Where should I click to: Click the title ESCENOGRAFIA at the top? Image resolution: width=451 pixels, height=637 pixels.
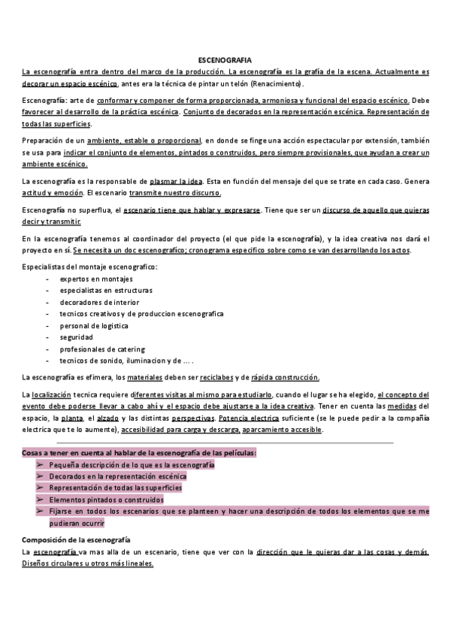pos(225,58)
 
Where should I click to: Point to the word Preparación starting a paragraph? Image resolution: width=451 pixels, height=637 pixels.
pos(44,140)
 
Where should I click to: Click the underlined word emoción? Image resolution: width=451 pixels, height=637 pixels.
pos(69,193)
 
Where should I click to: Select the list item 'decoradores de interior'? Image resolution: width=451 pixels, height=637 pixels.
pos(98,301)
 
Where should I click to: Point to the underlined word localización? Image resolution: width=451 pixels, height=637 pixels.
pos(51,394)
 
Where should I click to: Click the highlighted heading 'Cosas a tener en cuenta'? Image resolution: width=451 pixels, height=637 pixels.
pos(139,453)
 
